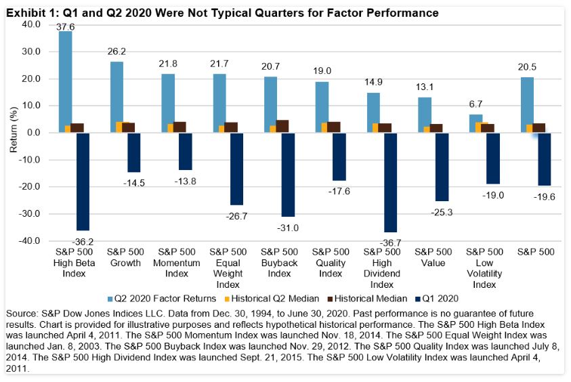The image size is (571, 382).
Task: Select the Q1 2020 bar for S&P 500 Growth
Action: tap(134, 152)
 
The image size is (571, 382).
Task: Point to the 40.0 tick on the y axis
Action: tap(32, 24)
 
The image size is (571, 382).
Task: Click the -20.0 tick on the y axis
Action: tap(30, 187)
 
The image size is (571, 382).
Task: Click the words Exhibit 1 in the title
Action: tap(26, 13)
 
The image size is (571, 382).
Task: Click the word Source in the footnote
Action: tap(21, 316)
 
